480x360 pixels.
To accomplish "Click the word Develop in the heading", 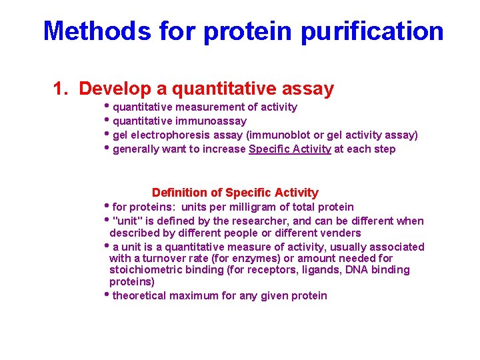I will (x=121, y=89).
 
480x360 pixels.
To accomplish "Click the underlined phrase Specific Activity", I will (x=289, y=149).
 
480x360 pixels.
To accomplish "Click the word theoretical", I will (x=140, y=295).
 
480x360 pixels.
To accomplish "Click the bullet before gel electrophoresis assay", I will (x=108, y=135).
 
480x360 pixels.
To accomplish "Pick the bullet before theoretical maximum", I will (x=108, y=295).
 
